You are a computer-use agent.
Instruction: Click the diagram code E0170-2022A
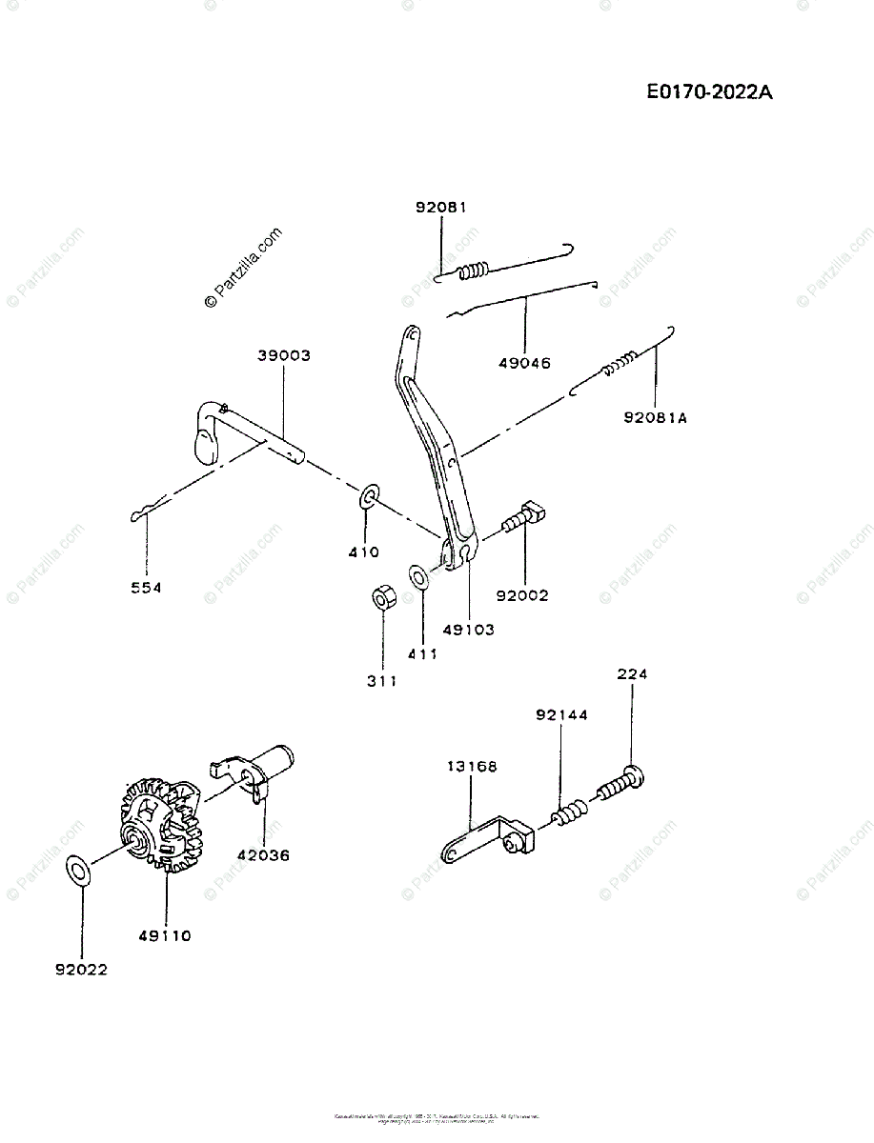709,92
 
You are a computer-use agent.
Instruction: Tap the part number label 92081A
655,416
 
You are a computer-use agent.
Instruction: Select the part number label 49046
524,362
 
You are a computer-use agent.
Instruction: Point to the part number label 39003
283,355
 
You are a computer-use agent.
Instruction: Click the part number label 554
146,588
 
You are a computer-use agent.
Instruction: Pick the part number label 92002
522,595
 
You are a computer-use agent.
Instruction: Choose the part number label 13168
470,765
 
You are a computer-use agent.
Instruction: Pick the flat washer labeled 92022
78,869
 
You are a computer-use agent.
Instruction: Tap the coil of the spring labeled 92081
473,271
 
